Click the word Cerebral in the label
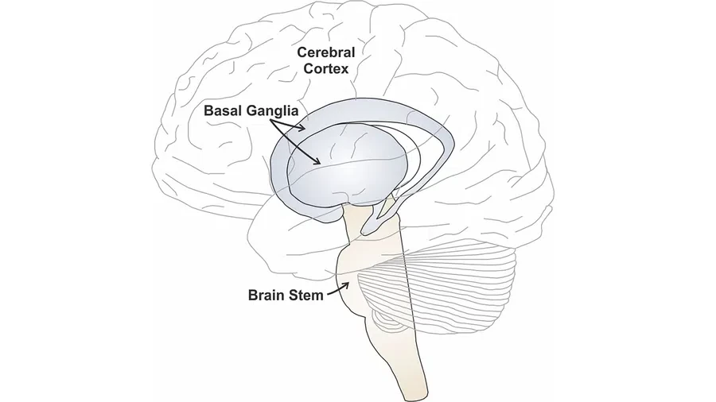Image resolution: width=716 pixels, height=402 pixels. [325, 52]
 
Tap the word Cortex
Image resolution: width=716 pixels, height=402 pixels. [326, 69]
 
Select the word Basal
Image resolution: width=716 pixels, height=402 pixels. [223, 110]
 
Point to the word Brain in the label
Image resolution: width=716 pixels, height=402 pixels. [267, 296]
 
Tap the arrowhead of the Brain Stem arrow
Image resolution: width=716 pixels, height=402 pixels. [346, 285]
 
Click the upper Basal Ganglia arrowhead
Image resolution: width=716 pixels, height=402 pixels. [301, 128]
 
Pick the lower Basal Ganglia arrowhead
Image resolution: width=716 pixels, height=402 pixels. [317, 160]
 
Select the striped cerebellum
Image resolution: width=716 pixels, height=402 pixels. [438, 292]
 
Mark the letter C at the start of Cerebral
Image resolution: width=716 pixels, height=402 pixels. [302, 52]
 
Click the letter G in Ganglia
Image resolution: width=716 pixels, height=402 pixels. [251, 110]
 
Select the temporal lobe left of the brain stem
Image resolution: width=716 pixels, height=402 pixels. [292, 242]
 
